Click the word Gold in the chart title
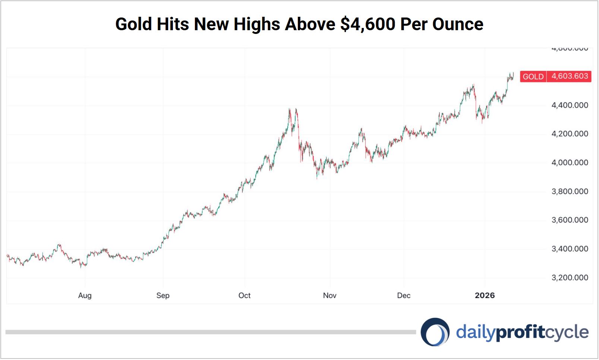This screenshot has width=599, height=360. [134, 24]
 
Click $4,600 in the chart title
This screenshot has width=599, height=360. [368, 24]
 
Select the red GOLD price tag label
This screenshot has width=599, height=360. [533, 76]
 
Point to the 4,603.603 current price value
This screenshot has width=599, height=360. [570, 76]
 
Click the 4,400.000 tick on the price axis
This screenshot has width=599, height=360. [570, 105]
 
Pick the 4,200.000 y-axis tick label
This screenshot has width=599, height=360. [570, 134]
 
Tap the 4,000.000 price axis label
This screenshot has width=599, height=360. [570, 162]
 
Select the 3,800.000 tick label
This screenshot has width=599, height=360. [570, 192]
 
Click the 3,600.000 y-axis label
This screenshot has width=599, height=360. [570, 220]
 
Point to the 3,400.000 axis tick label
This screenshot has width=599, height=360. [570, 249]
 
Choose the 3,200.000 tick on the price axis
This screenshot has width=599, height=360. [570, 278]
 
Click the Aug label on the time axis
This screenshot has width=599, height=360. [85, 296]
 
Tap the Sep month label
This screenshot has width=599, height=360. [163, 296]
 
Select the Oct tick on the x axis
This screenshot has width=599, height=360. [245, 296]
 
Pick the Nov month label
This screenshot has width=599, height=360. [330, 296]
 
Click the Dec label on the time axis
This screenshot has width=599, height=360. [404, 296]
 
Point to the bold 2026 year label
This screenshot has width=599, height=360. [485, 296]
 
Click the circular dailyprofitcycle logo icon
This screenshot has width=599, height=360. [435, 332]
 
